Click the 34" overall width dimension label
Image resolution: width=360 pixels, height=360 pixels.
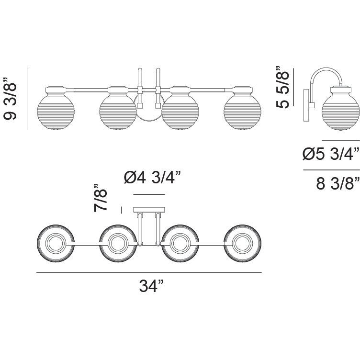[151, 287]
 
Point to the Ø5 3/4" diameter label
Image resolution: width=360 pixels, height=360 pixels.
[331, 154]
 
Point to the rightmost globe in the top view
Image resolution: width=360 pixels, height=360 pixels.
[243, 243]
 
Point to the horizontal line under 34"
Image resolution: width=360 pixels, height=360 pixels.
[149, 272]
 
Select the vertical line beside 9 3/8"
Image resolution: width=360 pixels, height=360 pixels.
[27, 98]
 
